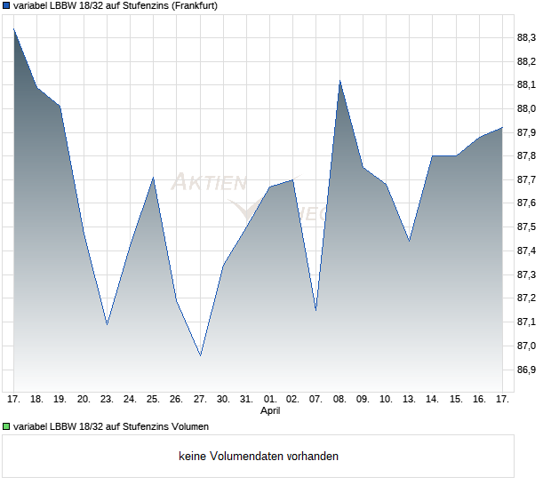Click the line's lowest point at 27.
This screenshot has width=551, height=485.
pyautogui.click(x=200, y=355)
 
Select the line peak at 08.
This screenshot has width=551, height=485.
pyautogui.click(x=339, y=81)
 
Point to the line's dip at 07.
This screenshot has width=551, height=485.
pyautogui.click(x=315, y=310)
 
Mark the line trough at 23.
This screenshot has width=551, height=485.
pyautogui.click(x=107, y=324)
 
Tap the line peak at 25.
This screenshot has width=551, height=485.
pyautogui.click(x=154, y=178)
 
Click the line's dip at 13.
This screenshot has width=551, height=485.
pyautogui.click(x=409, y=241)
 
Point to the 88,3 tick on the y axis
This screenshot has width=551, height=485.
pyautogui.click(x=526, y=38)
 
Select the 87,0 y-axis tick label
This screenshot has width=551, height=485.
pyautogui.click(x=526, y=346)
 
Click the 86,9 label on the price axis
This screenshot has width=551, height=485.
pyautogui.click(x=526, y=370)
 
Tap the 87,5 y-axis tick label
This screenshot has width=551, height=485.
pyautogui.click(x=526, y=227)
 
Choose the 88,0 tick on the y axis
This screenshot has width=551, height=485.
pyautogui.click(x=526, y=109)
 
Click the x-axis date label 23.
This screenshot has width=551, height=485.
pyautogui.click(x=107, y=399)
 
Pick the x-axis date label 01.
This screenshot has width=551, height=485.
pyautogui.click(x=270, y=399)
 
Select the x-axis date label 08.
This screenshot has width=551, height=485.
pyautogui.click(x=339, y=399)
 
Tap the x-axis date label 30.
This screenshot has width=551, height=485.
pyautogui.click(x=223, y=399)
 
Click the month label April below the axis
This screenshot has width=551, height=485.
pyautogui.click(x=270, y=411)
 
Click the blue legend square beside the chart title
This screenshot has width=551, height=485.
pyautogui.click(x=6, y=6)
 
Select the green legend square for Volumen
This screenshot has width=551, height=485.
pyautogui.click(x=6, y=426)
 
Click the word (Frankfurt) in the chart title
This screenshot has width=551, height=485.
pyautogui.click(x=192, y=6)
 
